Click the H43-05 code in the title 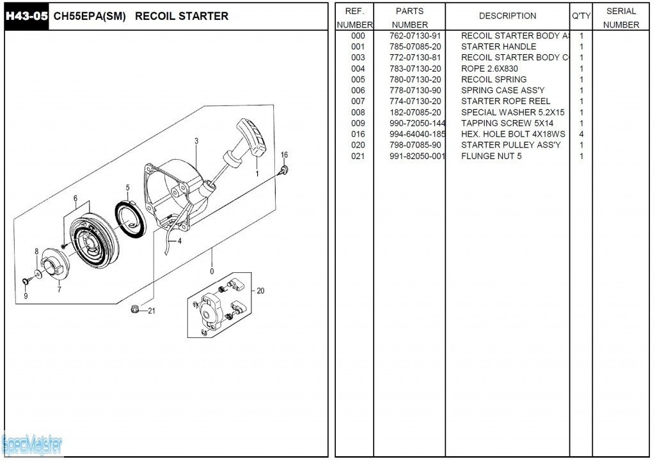coord(27,16)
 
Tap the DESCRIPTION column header coord(507,16)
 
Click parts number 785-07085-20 coord(415,47)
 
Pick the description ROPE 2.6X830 coord(489,68)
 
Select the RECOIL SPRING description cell coord(494,79)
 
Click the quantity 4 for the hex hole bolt coord(581,134)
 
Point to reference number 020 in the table coord(358,145)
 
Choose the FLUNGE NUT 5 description coord(491,156)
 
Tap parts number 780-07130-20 coord(415,79)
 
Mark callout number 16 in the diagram coord(284,155)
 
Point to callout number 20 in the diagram coord(260,291)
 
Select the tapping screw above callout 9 coord(25,281)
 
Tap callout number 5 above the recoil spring coord(127,188)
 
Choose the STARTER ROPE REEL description coord(505,101)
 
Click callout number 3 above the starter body coord(196,141)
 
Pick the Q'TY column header coord(581,16)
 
